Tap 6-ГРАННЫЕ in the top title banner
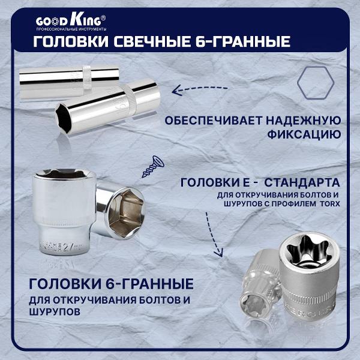click(x=246, y=41)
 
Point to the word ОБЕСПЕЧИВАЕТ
click(x=206, y=119)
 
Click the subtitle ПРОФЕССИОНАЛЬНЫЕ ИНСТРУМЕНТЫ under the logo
click(x=71, y=29)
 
